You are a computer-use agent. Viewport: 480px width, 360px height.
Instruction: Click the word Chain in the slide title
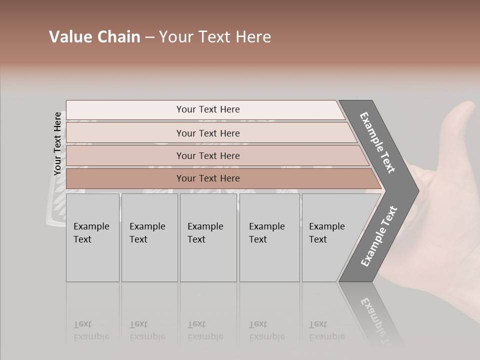pyautogui.click(x=118, y=37)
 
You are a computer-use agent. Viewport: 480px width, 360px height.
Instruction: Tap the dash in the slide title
pyautogui.click(x=149, y=37)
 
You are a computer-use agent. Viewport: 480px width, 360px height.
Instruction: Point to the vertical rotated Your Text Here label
pyautogui.click(x=57, y=143)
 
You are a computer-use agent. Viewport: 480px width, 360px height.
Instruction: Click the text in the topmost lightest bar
pyautogui.click(x=208, y=109)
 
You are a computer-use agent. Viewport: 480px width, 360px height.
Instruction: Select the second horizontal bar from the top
pyautogui.click(x=208, y=133)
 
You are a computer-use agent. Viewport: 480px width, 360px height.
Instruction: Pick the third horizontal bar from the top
pyautogui.click(x=208, y=155)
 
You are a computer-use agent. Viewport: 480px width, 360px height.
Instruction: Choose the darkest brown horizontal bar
pyautogui.click(x=208, y=178)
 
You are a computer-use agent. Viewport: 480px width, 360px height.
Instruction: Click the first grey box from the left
pyautogui.click(x=92, y=237)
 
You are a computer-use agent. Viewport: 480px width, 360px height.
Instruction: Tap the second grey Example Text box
pyautogui.click(x=149, y=237)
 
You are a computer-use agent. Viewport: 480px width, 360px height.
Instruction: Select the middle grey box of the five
pyautogui.click(x=208, y=237)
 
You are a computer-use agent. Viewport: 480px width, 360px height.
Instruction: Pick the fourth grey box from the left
pyautogui.click(x=269, y=237)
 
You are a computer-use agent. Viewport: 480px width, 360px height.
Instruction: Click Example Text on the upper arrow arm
pyautogui.click(x=377, y=142)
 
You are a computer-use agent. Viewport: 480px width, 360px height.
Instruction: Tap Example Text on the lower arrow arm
pyautogui.click(x=379, y=236)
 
